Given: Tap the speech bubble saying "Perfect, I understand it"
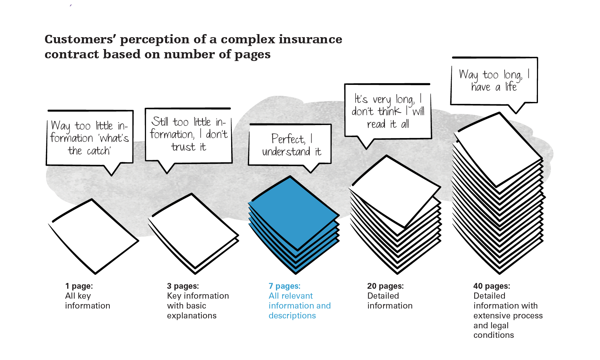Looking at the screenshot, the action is (290, 145).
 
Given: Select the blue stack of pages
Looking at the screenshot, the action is (294, 225).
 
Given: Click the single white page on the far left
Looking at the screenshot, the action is (93, 236).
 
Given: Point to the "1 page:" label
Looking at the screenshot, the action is (79, 286).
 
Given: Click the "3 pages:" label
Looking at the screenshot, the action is (183, 286).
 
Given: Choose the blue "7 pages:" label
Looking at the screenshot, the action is (285, 286).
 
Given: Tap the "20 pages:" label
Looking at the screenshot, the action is (386, 286).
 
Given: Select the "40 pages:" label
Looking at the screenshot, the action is (492, 286).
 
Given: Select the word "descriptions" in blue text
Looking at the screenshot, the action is (292, 316).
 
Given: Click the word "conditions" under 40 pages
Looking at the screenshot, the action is (494, 335).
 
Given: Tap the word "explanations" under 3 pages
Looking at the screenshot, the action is (192, 316).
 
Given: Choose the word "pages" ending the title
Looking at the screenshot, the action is (253, 55).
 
